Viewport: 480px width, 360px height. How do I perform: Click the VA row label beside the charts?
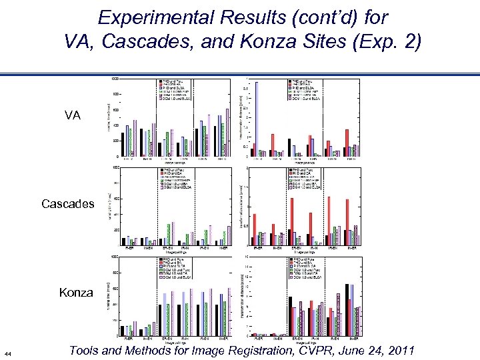click(73, 115)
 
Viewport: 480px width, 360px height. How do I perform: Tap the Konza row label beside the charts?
click(77, 292)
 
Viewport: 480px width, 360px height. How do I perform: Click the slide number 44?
click(7, 353)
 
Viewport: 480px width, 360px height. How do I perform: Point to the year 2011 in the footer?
click(398, 350)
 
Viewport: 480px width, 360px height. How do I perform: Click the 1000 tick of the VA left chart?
click(115, 79)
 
